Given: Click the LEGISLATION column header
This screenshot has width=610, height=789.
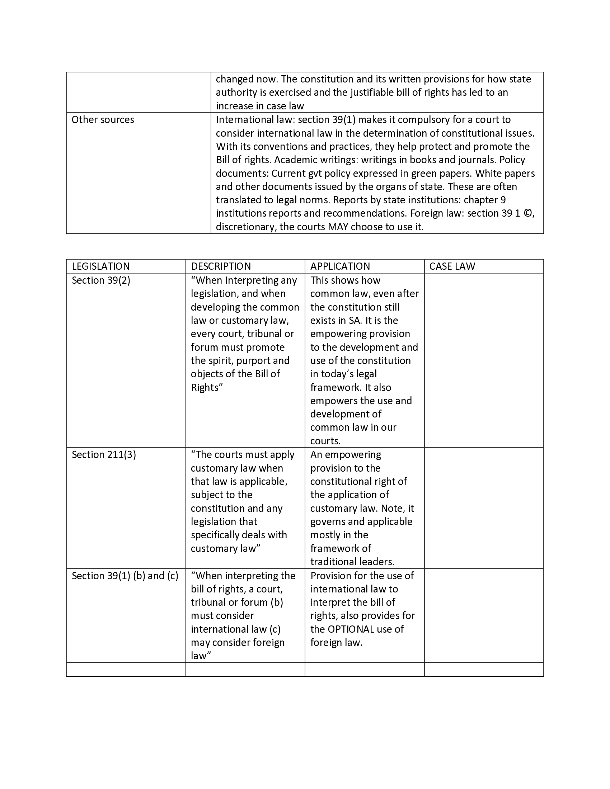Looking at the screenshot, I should point(100,266).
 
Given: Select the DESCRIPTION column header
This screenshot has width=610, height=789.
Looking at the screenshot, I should point(221,266).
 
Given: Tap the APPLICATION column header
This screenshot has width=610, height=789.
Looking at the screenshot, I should point(340,266).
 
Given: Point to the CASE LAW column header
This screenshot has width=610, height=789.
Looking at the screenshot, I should point(452,266).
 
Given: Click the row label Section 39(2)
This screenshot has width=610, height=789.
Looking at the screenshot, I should point(101,280).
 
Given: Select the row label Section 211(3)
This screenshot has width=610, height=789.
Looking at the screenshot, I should point(104,454).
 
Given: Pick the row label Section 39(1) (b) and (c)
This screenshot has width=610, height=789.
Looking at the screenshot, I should point(125,576).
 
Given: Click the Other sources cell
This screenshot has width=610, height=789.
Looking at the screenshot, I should point(103,119).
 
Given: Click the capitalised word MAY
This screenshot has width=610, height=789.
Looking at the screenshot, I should point(338,227).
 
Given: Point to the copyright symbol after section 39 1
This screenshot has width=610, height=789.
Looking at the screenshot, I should point(527,213).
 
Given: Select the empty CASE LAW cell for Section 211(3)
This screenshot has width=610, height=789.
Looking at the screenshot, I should point(484,507).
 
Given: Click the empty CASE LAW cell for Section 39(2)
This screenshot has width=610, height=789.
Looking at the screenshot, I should point(484,360).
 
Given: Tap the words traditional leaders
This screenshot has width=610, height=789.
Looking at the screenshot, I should point(352,562).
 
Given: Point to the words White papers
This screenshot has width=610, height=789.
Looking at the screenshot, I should point(505,174).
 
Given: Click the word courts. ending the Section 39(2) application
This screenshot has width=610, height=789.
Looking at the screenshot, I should point(325,441).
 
